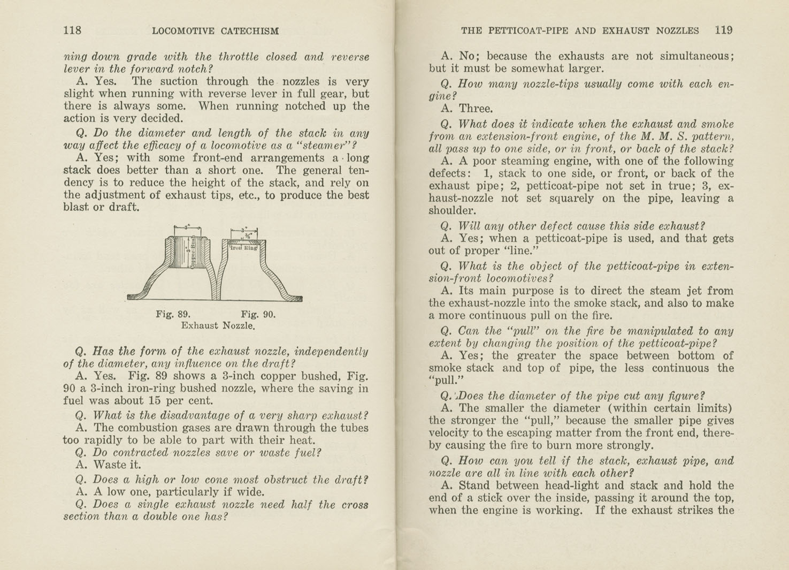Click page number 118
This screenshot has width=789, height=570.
(x=72, y=31)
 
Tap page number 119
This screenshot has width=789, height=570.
(x=723, y=31)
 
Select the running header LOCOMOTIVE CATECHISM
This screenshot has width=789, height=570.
(x=215, y=31)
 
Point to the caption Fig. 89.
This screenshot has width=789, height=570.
(x=173, y=314)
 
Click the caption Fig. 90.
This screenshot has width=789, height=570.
(x=258, y=314)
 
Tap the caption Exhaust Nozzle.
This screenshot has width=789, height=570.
(x=217, y=325)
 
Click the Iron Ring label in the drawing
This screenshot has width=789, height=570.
(x=244, y=248)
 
